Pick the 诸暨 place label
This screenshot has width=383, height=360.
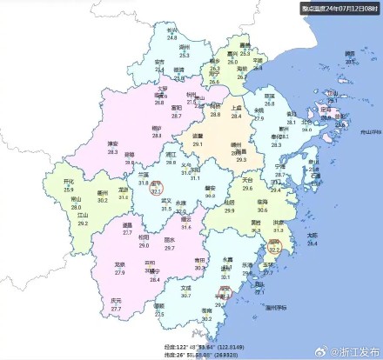click(x=198, y=137)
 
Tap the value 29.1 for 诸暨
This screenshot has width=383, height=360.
click(x=198, y=143)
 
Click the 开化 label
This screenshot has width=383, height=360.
click(x=70, y=181)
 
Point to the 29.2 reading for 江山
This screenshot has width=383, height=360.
click(x=84, y=223)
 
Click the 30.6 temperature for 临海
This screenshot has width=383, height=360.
click(x=262, y=209)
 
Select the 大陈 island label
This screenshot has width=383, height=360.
click(x=312, y=236)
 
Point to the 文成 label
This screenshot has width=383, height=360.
click(x=185, y=288)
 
